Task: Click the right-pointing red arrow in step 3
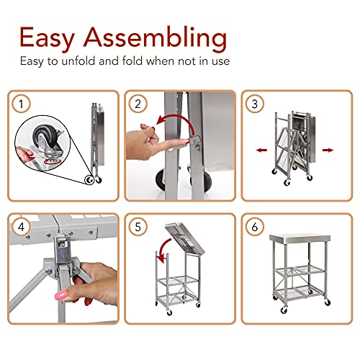(328, 150)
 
